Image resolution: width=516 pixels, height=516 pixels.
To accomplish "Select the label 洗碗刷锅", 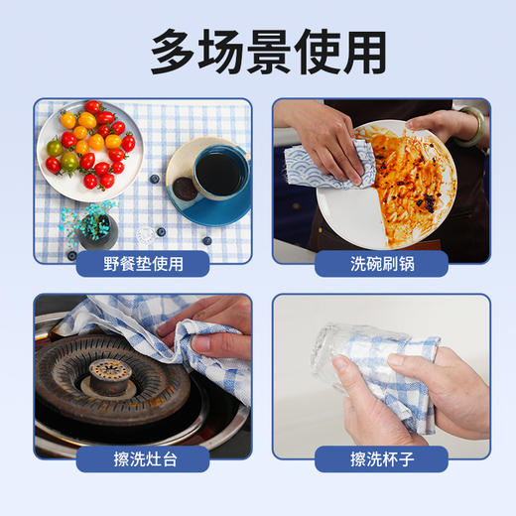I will [x=381, y=264].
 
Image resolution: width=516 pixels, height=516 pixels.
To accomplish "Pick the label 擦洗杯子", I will [x=381, y=458].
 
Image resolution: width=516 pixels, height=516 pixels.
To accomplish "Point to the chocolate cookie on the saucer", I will [x=185, y=187].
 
